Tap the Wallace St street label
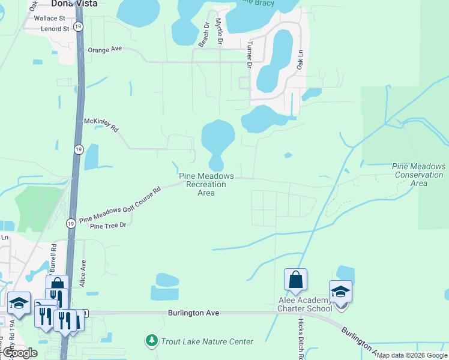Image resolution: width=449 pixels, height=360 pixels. point(49,19)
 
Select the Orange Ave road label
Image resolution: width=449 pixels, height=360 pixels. point(105,50)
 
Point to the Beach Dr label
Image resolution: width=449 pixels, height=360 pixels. point(204,37)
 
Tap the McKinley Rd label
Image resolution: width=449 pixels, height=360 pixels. point(101,124)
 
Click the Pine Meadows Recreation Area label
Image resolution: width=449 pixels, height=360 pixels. point(206,184)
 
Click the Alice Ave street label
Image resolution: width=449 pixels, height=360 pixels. point(84,272)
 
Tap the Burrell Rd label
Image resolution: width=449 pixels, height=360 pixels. point(53,256)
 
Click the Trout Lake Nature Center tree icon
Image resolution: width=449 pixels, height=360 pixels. point(152,341)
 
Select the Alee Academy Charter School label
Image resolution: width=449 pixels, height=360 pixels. point(304,305)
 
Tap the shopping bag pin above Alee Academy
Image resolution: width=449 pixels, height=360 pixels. point(295,280)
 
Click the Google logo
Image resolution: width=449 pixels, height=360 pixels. point(20,353)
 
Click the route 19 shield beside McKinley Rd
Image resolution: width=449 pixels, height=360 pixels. point(79,149)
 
